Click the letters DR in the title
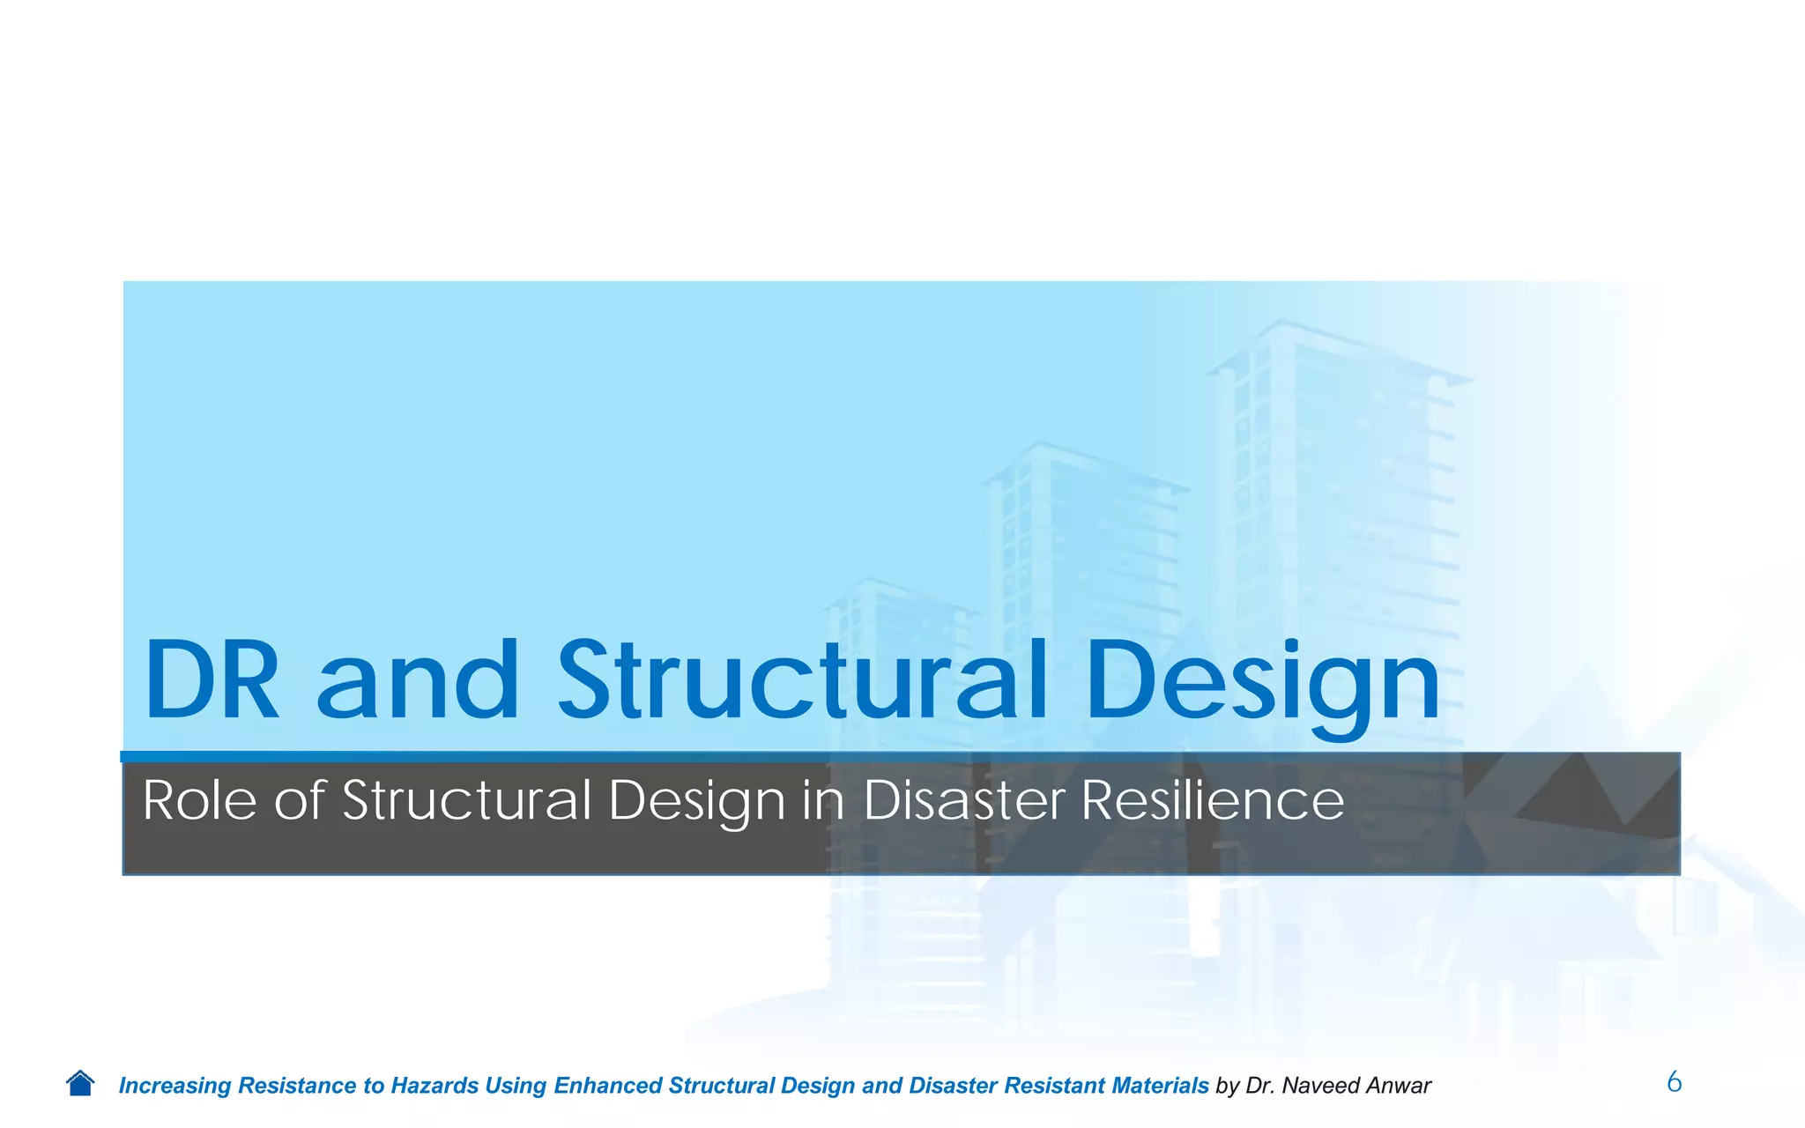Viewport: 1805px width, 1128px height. click(x=212, y=680)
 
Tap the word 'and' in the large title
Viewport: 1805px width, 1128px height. click(x=418, y=680)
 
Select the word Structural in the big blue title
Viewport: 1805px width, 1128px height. click(x=803, y=680)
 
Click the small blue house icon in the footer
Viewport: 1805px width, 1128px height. click(x=80, y=1083)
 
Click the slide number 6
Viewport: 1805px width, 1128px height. click(x=1674, y=1081)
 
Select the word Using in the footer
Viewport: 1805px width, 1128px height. click(x=515, y=1086)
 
